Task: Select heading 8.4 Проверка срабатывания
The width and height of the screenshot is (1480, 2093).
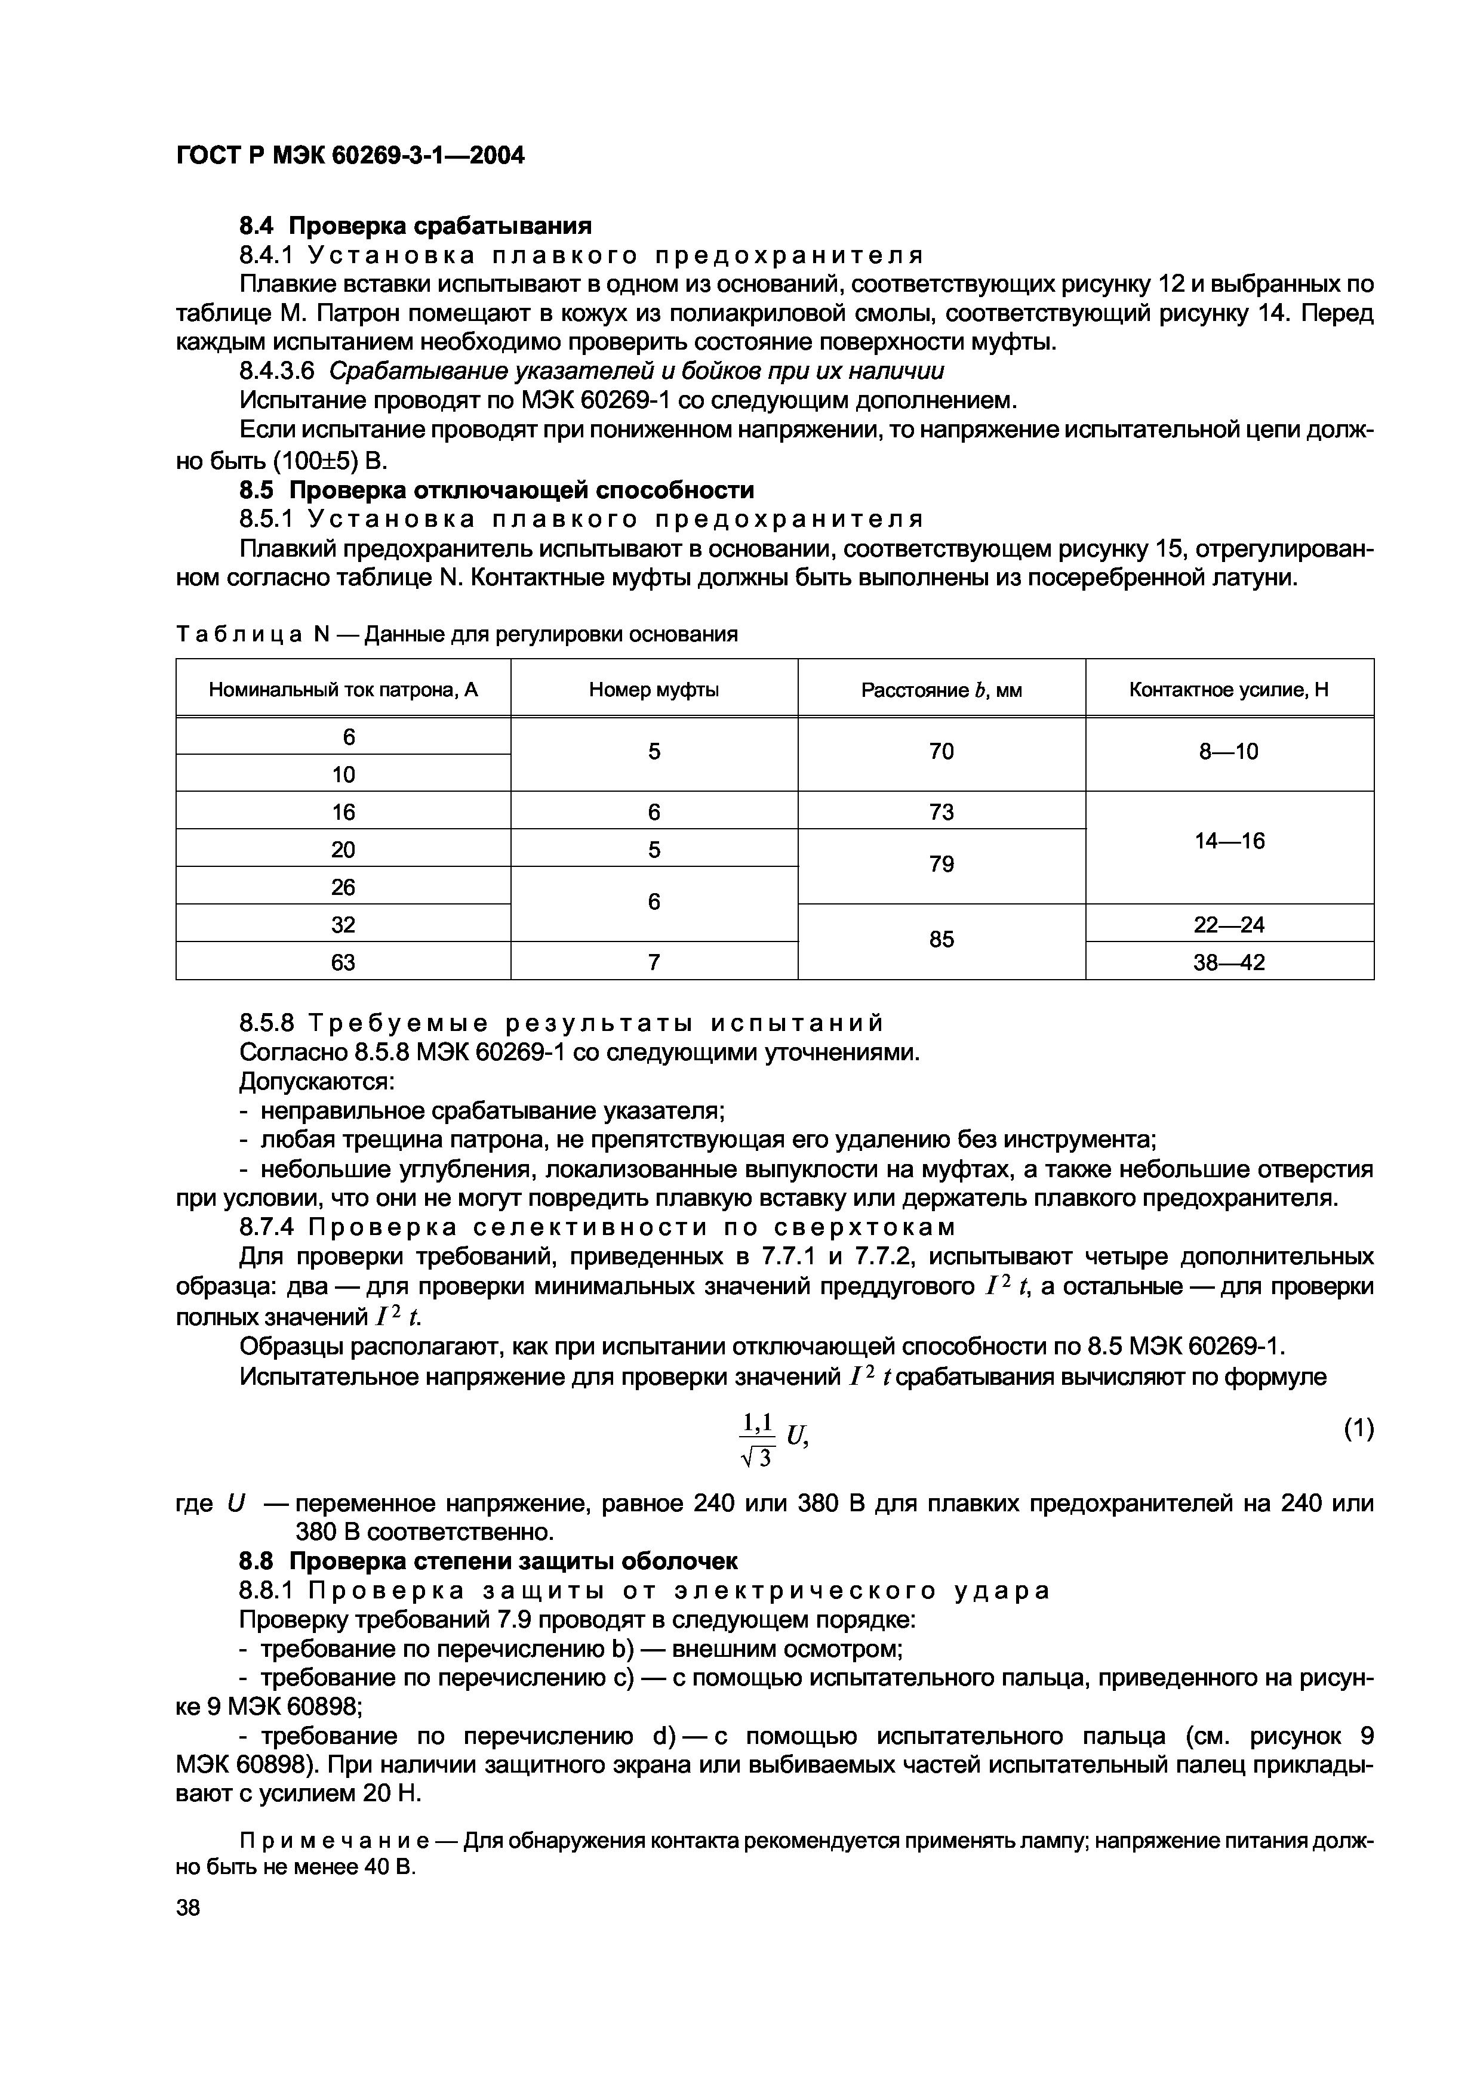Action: pos(415,225)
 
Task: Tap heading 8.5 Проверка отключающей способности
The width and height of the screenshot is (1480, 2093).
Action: pos(496,490)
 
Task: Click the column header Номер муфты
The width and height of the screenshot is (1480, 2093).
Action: pos(654,690)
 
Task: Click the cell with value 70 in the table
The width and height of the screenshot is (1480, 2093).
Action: pos(941,751)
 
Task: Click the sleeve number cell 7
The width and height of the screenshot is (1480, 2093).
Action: pos(654,962)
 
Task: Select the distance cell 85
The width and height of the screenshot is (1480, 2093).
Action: pos(941,939)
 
